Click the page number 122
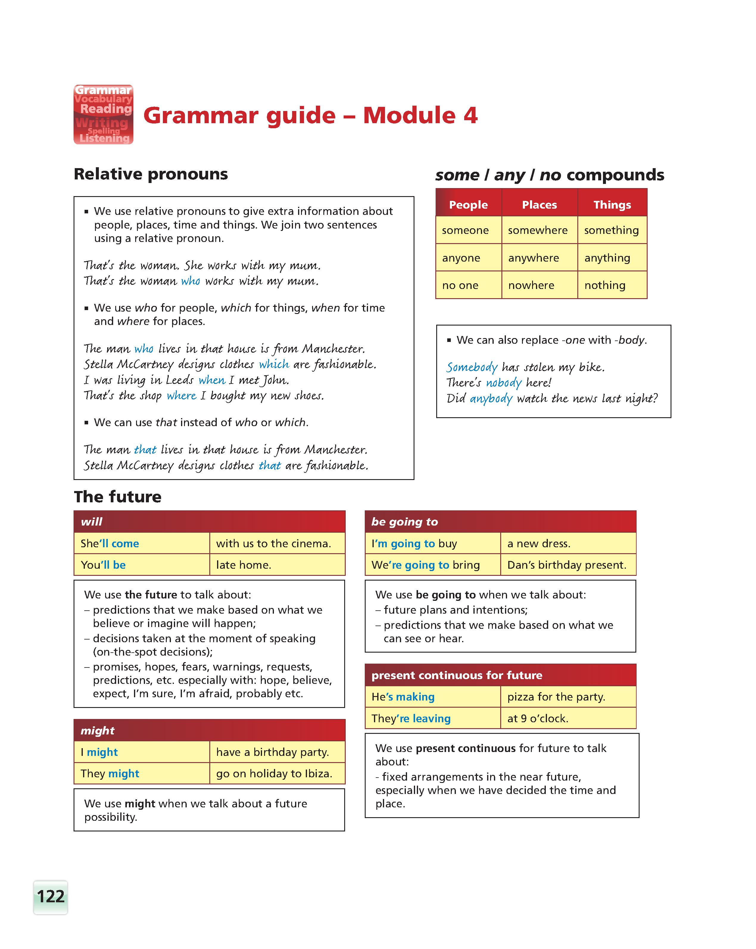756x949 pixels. [51, 896]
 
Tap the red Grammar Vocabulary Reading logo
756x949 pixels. [104, 115]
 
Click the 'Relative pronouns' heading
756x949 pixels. [151, 174]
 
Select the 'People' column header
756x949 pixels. [468, 205]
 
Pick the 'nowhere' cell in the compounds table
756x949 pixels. [531, 285]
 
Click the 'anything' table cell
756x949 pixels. [607, 258]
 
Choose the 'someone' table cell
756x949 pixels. [465, 230]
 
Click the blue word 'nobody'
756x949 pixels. [503, 382]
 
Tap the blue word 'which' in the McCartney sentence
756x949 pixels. [274, 364]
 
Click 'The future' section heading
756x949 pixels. [118, 496]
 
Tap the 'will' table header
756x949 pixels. [209, 522]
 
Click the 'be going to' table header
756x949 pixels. [500, 522]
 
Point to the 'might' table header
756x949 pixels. [209, 730]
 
